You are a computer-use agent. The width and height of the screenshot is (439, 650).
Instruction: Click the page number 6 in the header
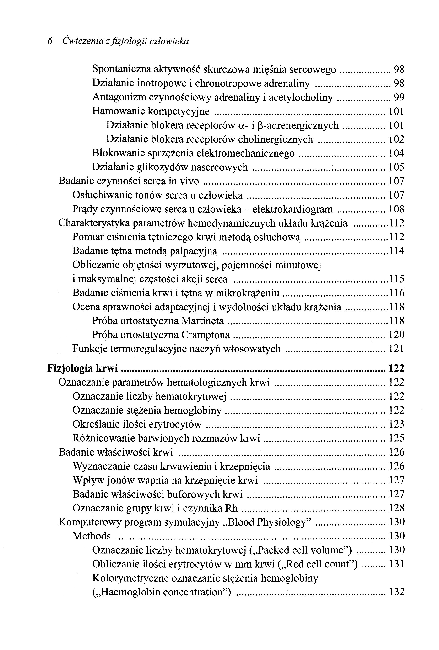50,41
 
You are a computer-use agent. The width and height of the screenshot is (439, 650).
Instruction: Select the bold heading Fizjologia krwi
83,368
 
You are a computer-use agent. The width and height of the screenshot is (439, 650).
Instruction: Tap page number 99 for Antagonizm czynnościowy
399,97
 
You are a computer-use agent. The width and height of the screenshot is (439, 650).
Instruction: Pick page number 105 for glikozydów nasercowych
396,167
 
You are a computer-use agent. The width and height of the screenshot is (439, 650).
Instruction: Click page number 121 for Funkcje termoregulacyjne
396,349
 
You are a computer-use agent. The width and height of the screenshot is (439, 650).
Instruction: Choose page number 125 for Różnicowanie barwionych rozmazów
396,438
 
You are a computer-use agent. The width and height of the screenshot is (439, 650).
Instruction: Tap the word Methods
92,536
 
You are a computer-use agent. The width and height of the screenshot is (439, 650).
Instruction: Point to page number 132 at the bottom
396,592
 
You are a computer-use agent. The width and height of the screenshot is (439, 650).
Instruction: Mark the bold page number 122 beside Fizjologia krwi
396,368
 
